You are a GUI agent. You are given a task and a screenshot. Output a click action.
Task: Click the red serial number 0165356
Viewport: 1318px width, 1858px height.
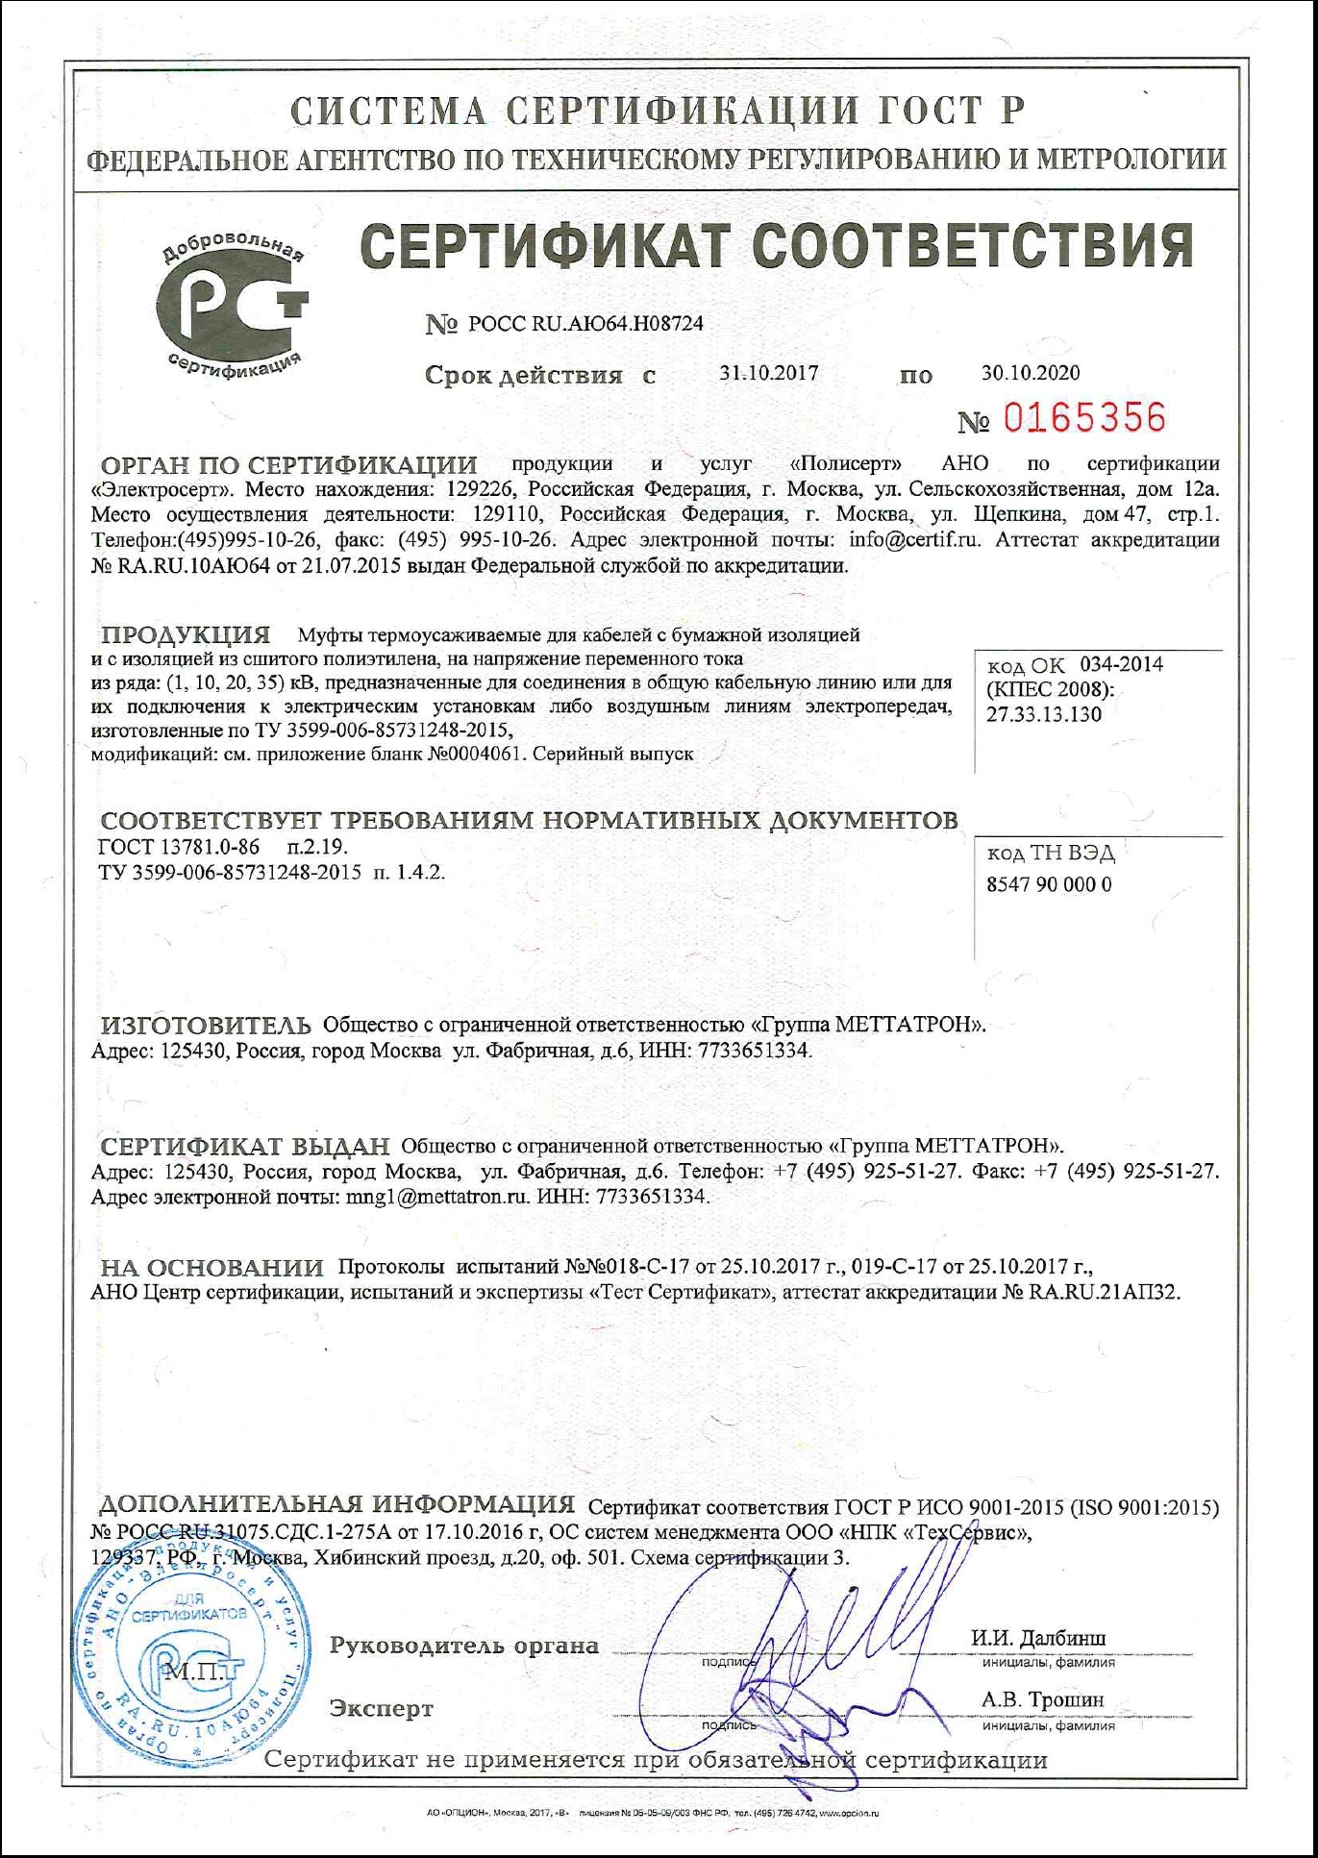[x=1084, y=418]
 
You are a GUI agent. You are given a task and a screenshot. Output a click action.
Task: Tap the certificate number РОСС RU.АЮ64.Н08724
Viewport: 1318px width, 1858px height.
[x=585, y=324]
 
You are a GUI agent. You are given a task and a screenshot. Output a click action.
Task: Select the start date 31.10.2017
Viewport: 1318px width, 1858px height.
[x=769, y=373]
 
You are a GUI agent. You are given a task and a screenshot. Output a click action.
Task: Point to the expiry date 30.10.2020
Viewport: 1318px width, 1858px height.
[x=1031, y=373]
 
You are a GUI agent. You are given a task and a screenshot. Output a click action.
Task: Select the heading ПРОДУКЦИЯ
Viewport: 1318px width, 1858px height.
[x=186, y=635]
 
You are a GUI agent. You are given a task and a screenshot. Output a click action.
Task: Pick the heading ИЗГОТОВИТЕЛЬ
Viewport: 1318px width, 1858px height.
[x=207, y=1025]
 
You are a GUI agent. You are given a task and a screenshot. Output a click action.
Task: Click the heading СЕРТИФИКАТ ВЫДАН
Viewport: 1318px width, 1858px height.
[x=245, y=1147]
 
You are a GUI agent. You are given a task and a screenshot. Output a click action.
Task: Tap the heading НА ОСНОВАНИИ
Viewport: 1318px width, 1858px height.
[x=212, y=1268]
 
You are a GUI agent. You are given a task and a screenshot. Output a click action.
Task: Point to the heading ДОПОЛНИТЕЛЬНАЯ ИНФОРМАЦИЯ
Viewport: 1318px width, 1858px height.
[x=337, y=1504]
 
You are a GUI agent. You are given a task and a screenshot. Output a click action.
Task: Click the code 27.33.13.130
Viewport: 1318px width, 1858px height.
[x=1044, y=714]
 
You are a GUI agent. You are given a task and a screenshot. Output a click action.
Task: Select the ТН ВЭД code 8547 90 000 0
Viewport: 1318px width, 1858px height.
[x=1049, y=884]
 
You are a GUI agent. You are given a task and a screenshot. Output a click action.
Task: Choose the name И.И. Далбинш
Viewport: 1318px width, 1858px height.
[x=1038, y=1638]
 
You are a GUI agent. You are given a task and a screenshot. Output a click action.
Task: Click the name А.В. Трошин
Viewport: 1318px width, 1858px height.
[x=1042, y=1700]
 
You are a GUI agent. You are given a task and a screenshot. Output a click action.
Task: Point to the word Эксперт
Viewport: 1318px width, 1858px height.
[x=382, y=1708]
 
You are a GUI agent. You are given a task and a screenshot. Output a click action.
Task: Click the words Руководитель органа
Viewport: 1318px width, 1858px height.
[x=463, y=1646]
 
